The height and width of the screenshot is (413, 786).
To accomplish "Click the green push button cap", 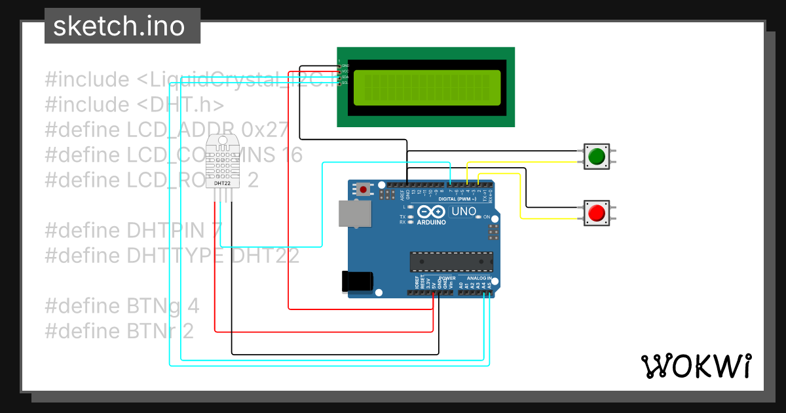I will click(x=596, y=157).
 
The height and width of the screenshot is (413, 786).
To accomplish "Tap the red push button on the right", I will click(x=596, y=213).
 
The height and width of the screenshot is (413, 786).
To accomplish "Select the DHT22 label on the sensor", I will click(x=223, y=184).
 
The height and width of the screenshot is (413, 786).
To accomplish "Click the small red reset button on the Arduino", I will click(x=364, y=189).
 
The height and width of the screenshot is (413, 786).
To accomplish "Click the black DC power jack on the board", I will click(x=357, y=281).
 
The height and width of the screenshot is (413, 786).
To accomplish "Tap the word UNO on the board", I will click(x=464, y=212).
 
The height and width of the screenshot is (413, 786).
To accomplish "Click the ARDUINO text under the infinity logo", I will click(x=431, y=222).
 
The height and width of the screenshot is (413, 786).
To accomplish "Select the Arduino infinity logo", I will click(x=430, y=212).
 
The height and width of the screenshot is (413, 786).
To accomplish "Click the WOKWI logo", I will click(x=696, y=366).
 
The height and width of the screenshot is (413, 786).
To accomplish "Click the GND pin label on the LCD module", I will click(x=345, y=66).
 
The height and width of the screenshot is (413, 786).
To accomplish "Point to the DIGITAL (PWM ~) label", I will click(x=457, y=199).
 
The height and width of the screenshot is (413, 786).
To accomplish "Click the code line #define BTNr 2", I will click(x=119, y=331).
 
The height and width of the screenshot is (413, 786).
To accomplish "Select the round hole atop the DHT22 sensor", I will click(x=223, y=140).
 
